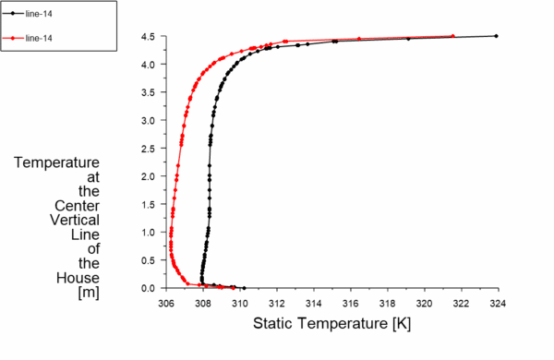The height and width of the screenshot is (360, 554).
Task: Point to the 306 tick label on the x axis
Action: [x=166, y=302]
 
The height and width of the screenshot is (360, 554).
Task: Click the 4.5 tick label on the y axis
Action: [x=149, y=37]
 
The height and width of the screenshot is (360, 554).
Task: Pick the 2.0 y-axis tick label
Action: [x=149, y=176]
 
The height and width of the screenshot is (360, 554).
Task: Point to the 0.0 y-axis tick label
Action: [x=149, y=288]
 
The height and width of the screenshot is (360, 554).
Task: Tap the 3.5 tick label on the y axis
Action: [x=149, y=92]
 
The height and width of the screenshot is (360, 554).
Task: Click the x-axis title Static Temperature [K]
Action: [x=331, y=325]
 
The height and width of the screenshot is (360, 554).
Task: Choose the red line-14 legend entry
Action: [x=42, y=38]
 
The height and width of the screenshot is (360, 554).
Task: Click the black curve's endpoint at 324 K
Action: [x=497, y=36]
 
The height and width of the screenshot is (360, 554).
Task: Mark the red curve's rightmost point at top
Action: [x=452, y=36]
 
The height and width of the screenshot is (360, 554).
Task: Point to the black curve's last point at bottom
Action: [x=244, y=287]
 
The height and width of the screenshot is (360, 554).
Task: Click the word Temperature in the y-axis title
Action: [x=57, y=162]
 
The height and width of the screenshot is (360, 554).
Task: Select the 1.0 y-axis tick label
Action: [x=149, y=232]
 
